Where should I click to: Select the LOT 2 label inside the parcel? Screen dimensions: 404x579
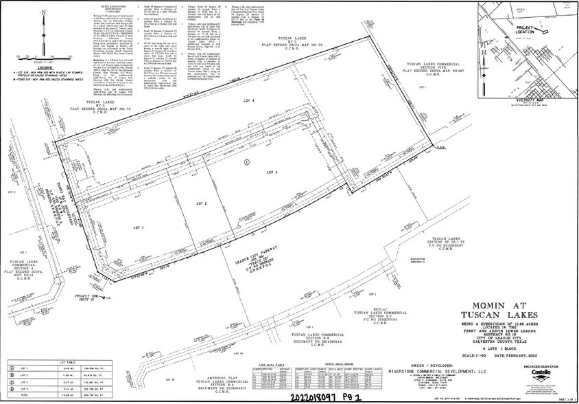pyautogui.click(x=202, y=204)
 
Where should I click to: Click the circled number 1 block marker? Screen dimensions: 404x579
pyautogui.click(x=246, y=161)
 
